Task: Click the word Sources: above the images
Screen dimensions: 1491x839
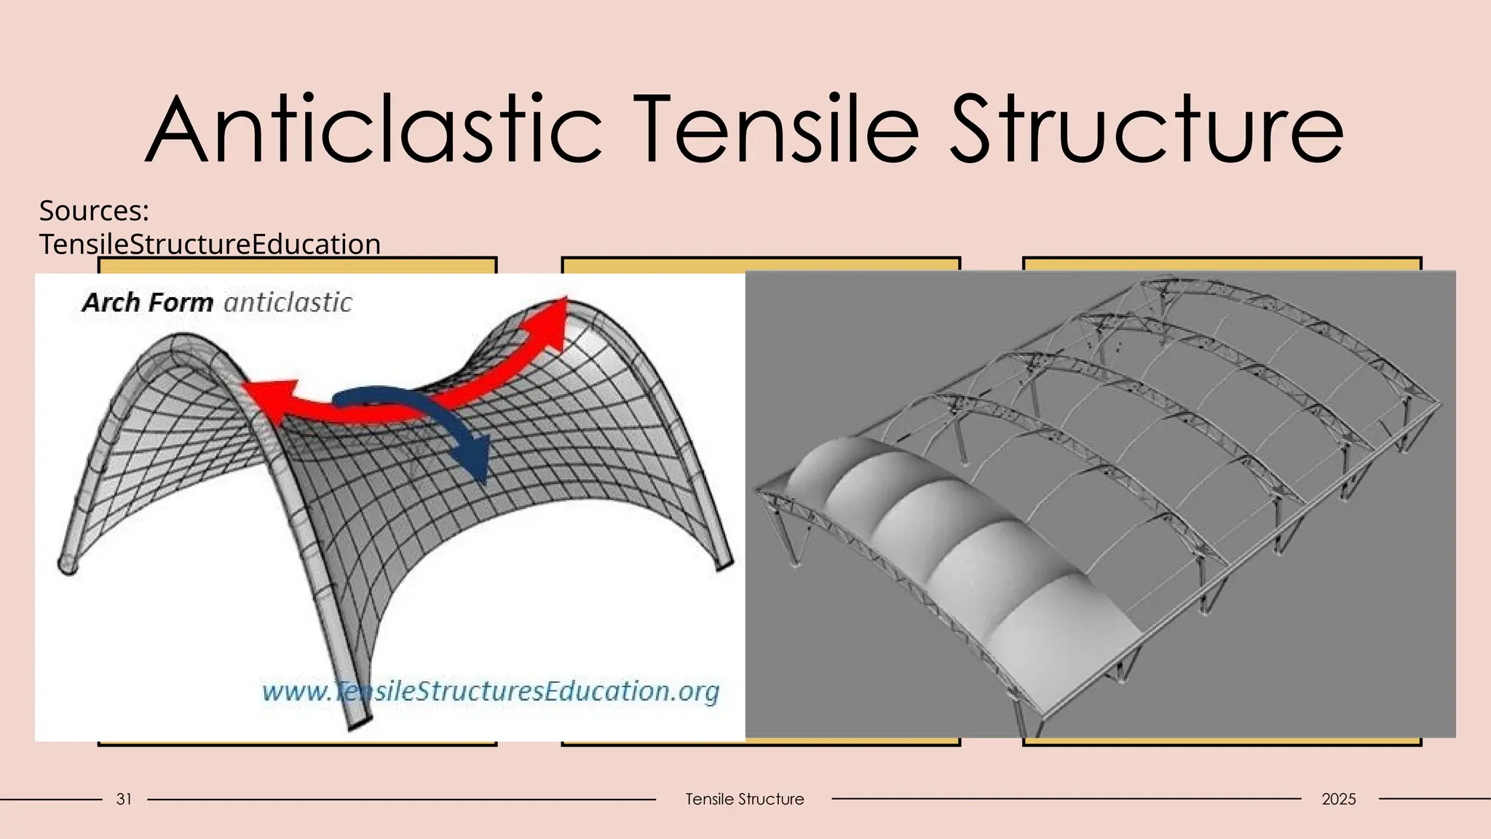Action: tap(94, 210)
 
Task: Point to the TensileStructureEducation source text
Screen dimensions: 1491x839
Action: tap(210, 244)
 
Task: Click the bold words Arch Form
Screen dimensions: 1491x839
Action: tap(147, 302)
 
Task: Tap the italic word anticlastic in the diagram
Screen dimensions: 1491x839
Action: tap(288, 302)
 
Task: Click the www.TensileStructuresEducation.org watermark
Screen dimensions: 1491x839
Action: tap(490, 690)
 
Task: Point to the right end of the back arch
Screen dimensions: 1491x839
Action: tap(724, 564)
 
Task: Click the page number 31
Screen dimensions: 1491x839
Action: tap(124, 799)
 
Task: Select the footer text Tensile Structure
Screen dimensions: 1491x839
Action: tap(744, 799)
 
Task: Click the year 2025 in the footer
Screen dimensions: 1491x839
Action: tap(1338, 799)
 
